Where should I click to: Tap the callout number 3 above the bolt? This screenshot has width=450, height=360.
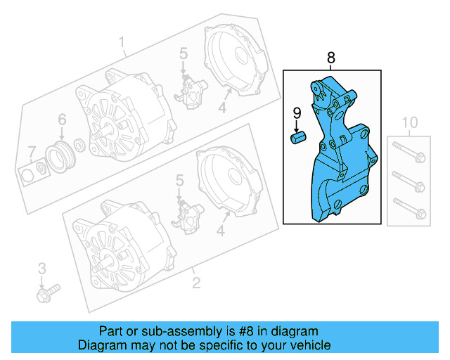41,268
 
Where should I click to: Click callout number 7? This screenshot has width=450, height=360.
30,151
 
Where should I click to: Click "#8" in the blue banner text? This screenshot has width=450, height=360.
239,331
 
